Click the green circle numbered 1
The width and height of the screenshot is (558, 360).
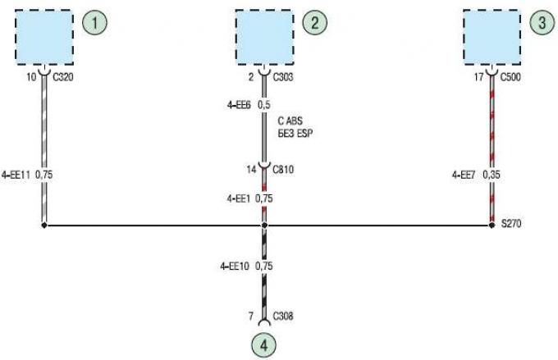coord(94,22)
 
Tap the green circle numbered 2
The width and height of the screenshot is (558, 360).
coord(315,22)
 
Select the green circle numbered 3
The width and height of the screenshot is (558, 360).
coord(542,22)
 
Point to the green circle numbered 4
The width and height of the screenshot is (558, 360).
coord(263,345)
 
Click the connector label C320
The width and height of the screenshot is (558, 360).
coord(63,77)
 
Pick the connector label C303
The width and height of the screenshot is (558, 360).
coord(283,77)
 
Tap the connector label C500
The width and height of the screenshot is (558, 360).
coord(510,77)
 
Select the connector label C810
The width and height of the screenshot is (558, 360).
coord(283,170)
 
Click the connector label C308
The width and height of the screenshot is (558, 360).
coord(283,316)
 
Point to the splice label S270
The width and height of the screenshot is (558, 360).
coord(511,223)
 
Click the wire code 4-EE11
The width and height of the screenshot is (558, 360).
coord(16,175)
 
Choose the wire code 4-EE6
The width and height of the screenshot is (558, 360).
coord(239,105)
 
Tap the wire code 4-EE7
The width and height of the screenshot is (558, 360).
coord(464,175)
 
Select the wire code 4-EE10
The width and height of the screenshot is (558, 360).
coord(235,266)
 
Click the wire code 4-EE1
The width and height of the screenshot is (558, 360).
coord(239,198)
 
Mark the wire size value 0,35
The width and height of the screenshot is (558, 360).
coord(492,175)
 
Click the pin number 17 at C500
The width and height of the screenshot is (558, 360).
coord(478,77)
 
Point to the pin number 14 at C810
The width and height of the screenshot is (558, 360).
coord(251,170)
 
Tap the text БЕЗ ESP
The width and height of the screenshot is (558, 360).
coord(295,134)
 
